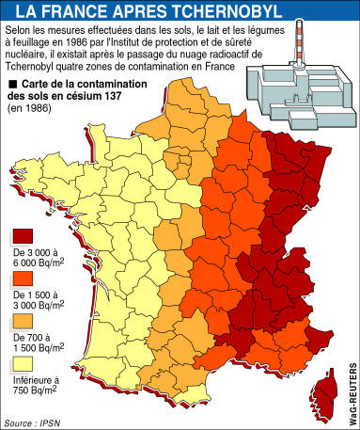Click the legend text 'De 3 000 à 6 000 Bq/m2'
tap(36, 262)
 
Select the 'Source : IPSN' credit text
tap(29, 422)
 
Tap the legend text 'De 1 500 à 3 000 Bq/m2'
tap(36, 302)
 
